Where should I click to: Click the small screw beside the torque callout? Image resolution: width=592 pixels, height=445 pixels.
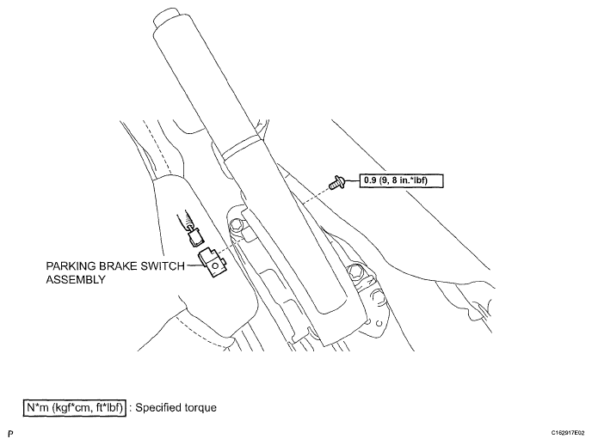[x=336, y=182]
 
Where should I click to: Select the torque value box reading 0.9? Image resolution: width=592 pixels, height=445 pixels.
[x=401, y=180]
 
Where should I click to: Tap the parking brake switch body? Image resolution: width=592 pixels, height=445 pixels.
[x=213, y=262]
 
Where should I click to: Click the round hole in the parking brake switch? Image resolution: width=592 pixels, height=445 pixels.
[x=215, y=265]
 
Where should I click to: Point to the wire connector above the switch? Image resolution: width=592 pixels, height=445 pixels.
[x=195, y=238]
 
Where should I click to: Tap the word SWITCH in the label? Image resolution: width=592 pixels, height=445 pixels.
[x=163, y=266]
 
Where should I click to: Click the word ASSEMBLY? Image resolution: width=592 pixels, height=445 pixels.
[x=76, y=279]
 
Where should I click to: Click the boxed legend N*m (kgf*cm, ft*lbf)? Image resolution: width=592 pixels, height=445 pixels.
[x=74, y=408]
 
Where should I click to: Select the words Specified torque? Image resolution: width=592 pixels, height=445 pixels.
[x=176, y=408]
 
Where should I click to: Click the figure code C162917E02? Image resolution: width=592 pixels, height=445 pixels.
[x=567, y=433]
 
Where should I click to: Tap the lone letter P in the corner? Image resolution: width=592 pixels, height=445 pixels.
[x=10, y=434]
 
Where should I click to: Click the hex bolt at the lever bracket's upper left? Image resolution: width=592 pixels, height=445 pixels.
[x=236, y=224]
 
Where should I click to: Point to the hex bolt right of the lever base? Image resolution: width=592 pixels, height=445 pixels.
[x=355, y=271]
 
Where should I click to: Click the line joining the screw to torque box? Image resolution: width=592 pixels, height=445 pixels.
[x=351, y=181]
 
